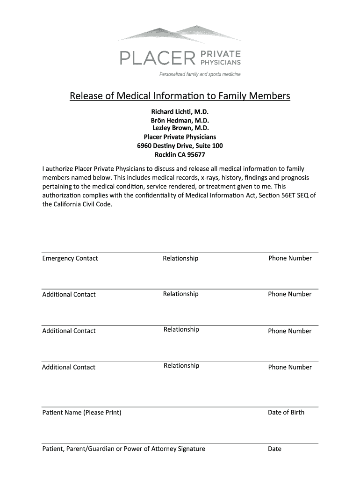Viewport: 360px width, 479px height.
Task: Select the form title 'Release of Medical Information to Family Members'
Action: click(x=180, y=96)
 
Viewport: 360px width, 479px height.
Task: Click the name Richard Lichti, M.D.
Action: click(x=180, y=112)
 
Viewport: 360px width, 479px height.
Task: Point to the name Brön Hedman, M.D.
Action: click(x=180, y=120)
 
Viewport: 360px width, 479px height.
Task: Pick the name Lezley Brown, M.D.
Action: click(x=180, y=128)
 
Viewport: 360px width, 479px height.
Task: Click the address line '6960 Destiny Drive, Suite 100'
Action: click(x=180, y=146)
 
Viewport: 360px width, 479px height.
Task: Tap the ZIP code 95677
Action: click(x=196, y=155)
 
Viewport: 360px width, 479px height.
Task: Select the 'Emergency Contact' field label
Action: click(x=70, y=259)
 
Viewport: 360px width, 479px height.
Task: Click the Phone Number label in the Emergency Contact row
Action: click(x=290, y=258)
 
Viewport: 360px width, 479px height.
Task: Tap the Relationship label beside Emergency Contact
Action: click(x=180, y=259)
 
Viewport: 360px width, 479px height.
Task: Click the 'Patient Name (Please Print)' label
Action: click(x=82, y=413)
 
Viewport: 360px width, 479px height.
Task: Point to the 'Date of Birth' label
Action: click(x=286, y=412)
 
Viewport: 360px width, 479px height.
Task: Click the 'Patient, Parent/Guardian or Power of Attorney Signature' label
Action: click(x=123, y=449)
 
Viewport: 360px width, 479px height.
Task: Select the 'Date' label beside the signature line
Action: click(x=274, y=449)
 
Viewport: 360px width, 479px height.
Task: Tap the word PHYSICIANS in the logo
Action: click(x=221, y=62)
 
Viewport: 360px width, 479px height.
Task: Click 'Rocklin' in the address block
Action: click(x=165, y=155)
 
